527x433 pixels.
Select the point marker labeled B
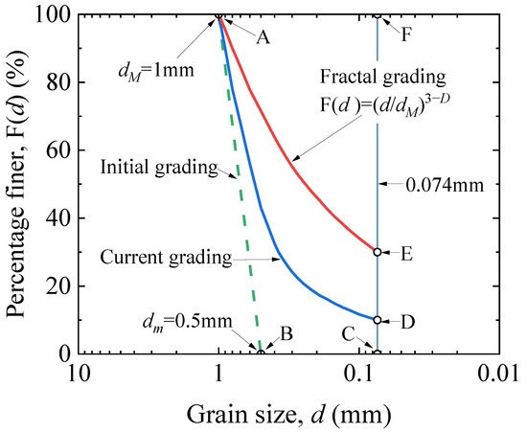(261, 353)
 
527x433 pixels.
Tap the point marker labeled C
(378, 353)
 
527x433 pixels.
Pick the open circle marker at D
(378, 320)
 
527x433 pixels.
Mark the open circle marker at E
(378, 252)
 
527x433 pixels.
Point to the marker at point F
(378, 15)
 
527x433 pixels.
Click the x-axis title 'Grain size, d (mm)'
(286, 414)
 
